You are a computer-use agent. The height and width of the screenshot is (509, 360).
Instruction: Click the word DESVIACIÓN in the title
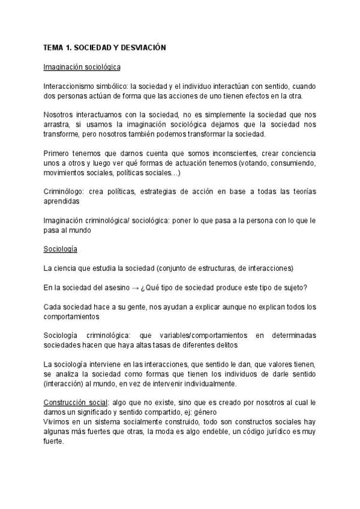click(x=143, y=47)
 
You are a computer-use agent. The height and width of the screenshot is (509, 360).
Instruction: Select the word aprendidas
click(x=63, y=202)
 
